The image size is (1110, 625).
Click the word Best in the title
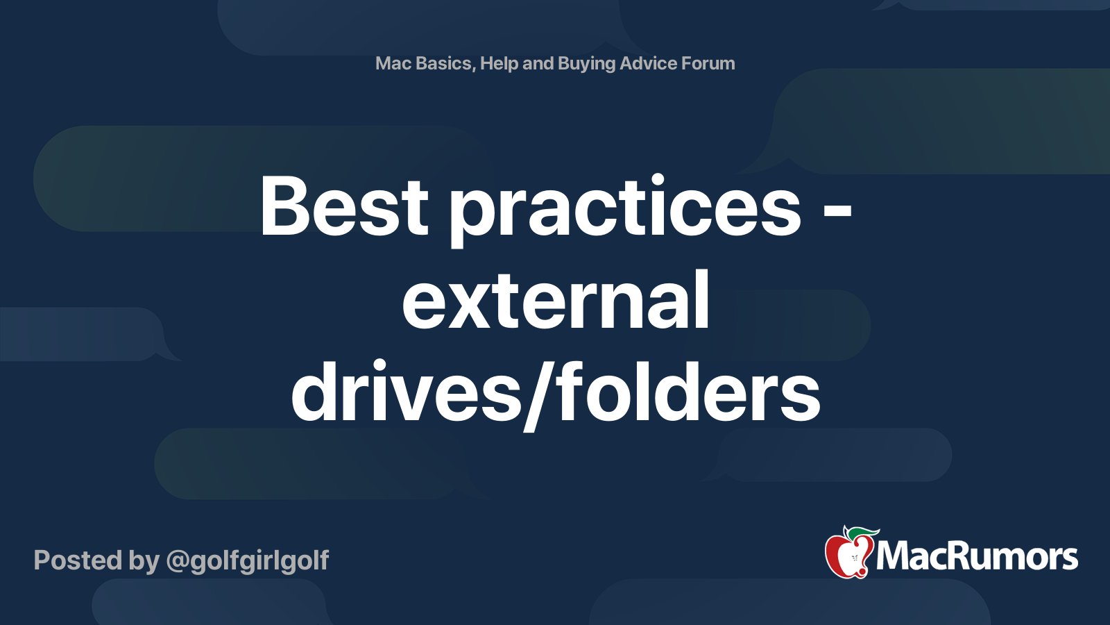pos(344,206)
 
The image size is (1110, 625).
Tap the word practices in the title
pos(625,208)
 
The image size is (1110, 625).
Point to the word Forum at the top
pos(708,63)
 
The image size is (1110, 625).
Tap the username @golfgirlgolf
pos(248,560)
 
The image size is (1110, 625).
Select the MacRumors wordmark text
pos(977,557)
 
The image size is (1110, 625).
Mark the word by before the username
pos(144,560)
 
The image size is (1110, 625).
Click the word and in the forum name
pos(538,63)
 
